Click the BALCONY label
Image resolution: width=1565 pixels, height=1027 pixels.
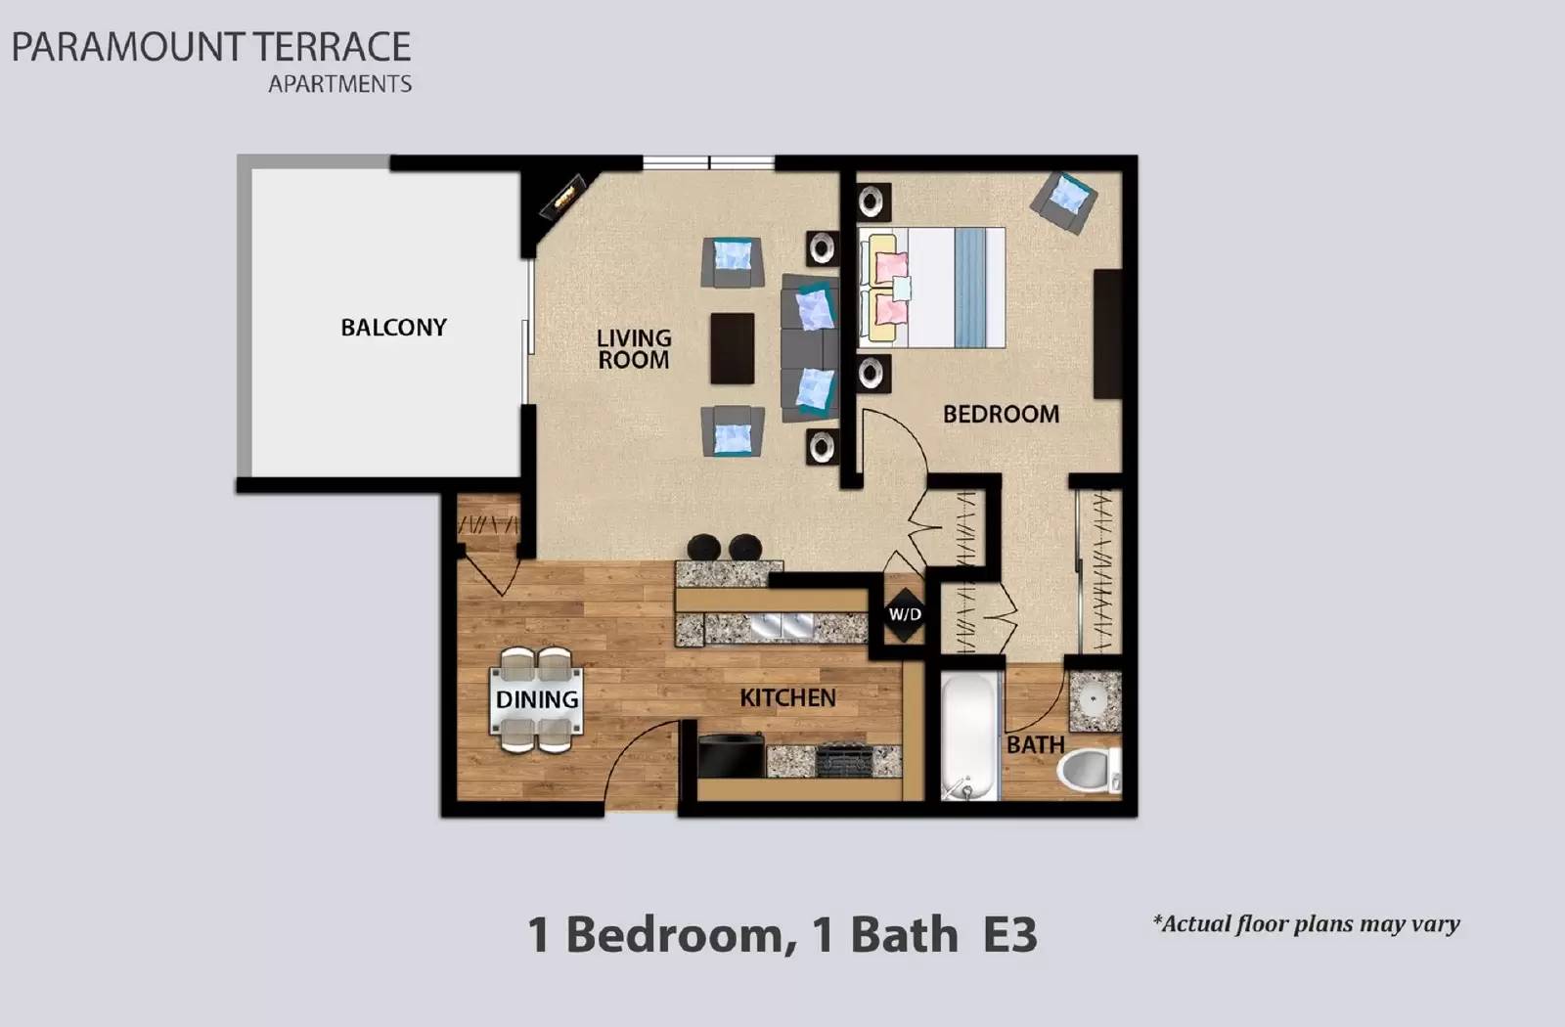[x=393, y=328]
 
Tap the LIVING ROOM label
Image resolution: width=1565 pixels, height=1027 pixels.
[x=634, y=349]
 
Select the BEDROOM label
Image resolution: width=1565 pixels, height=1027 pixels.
[x=1001, y=414]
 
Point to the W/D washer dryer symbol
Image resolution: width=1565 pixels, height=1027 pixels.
[x=904, y=614]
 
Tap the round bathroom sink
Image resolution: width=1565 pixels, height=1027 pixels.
[x=1093, y=699]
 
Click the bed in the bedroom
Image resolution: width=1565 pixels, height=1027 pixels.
[x=931, y=288]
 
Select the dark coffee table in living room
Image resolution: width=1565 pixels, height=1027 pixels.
[x=732, y=348]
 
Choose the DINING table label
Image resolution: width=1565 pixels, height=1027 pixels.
[x=536, y=699]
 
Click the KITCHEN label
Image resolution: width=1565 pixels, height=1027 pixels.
[x=787, y=697]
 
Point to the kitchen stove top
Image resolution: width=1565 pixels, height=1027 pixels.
[x=842, y=760]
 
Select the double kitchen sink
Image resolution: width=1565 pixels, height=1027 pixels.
[x=782, y=626]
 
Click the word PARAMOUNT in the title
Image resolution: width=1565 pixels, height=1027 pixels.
[x=127, y=47]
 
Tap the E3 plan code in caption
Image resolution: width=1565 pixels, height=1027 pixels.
[x=1009, y=934]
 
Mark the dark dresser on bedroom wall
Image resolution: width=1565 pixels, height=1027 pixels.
[x=1107, y=334]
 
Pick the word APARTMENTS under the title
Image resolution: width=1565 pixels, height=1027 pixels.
[x=339, y=84]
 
